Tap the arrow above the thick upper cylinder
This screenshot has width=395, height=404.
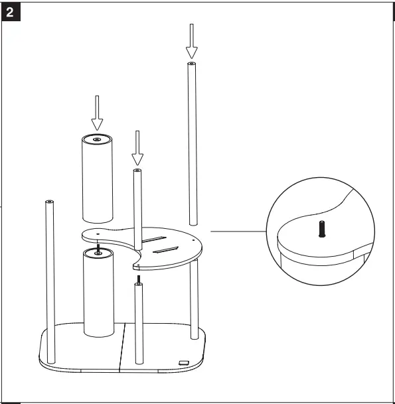(x=98, y=113)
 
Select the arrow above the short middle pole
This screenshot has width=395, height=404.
(x=137, y=148)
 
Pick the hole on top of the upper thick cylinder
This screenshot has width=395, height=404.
(x=97, y=139)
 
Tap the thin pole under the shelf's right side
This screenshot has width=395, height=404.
(x=194, y=299)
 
